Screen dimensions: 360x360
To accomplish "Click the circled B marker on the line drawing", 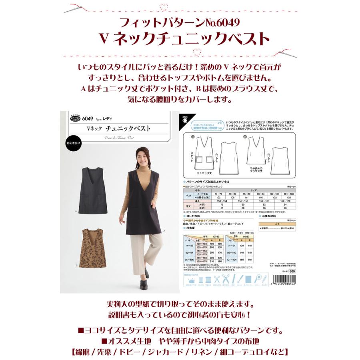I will [x=244, y=137].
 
